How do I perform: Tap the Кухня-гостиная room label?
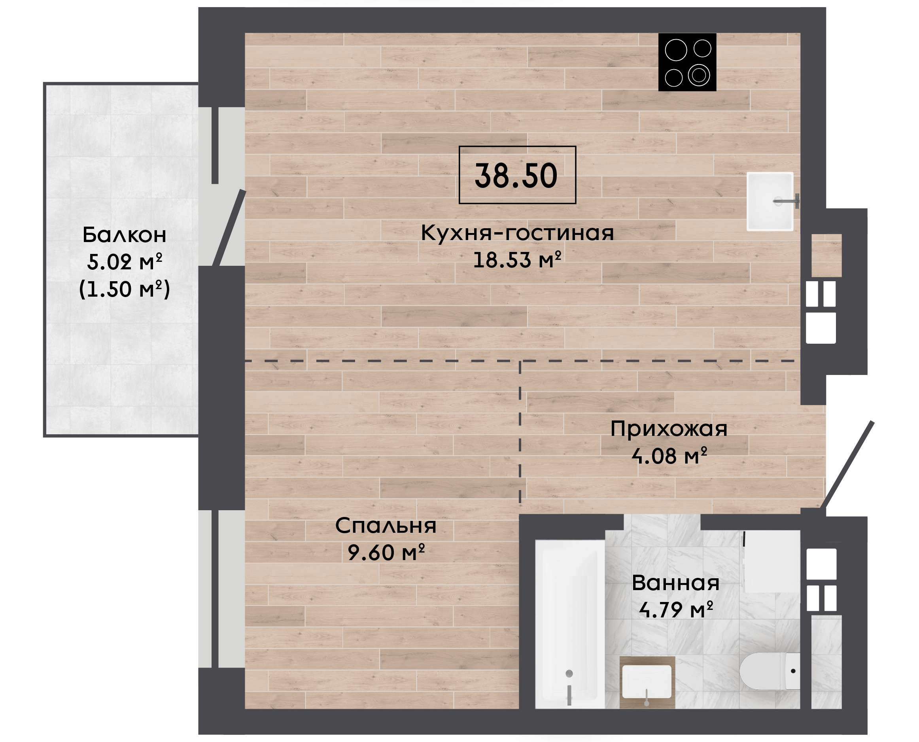(517, 233)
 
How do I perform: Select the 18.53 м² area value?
(517, 260)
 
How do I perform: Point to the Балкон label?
(124, 235)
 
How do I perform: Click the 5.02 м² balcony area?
(124, 262)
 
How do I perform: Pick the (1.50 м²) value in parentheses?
(124, 290)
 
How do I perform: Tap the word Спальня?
(386, 526)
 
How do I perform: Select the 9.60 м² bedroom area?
(386, 553)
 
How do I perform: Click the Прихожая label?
(669, 429)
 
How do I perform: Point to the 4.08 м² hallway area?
(669, 456)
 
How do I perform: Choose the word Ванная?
(675, 583)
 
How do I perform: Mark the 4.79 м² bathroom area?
(676, 610)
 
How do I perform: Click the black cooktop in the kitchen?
(687, 62)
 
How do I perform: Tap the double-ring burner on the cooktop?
(699, 75)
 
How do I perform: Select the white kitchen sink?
(770, 201)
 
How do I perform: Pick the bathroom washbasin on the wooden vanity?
(647, 681)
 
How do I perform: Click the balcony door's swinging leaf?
(229, 228)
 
